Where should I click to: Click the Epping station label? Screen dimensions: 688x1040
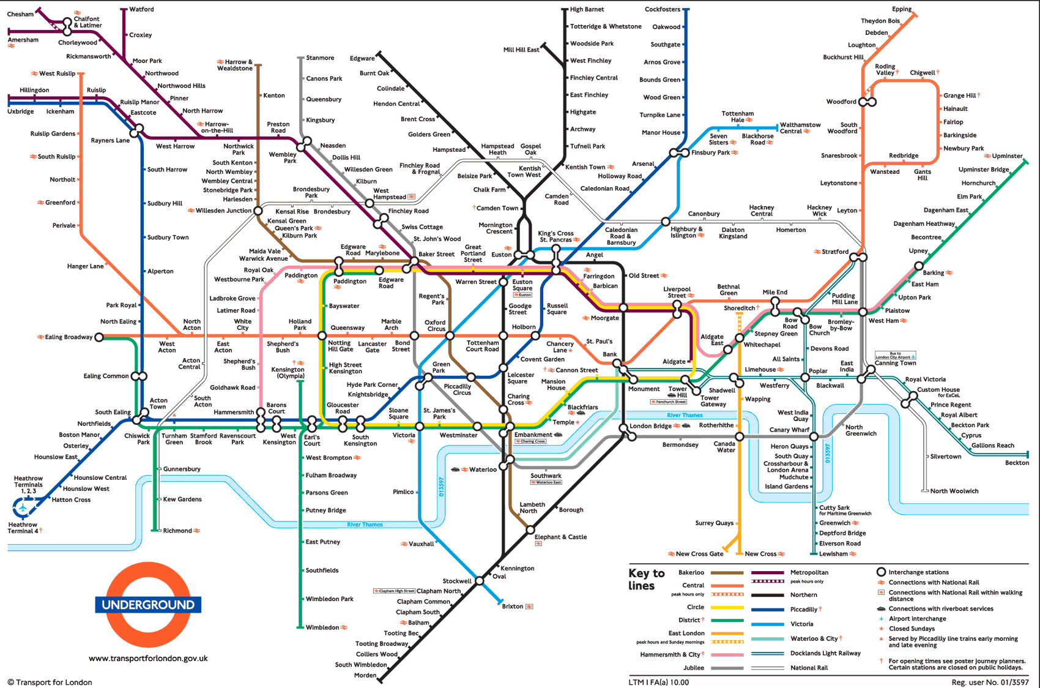point(902,9)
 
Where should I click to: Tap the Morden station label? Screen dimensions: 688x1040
point(365,675)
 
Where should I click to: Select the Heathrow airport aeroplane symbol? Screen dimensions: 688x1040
point(23,507)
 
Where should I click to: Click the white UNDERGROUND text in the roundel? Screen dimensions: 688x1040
point(148,605)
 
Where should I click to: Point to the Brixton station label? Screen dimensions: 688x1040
point(512,607)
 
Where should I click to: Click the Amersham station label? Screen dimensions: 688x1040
point(23,40)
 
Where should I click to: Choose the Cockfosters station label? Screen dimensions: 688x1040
point(662,9)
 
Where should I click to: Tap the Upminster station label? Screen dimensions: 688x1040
point(1007,156)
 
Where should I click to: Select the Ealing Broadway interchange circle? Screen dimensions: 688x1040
point(99,337)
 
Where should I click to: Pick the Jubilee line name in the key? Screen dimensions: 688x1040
point(693,668)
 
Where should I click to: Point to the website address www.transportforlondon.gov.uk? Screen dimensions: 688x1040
point(148,659)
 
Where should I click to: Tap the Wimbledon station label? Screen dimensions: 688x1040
point(322,627)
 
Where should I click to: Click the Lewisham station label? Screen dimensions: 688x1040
point(833,554)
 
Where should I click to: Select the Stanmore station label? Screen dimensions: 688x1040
point(320,58)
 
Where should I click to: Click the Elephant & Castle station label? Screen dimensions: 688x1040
point(560,537)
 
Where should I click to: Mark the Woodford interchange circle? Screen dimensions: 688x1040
point(867,102)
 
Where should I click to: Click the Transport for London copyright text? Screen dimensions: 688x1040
point(50,682)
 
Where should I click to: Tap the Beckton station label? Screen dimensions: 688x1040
point(1016,463)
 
